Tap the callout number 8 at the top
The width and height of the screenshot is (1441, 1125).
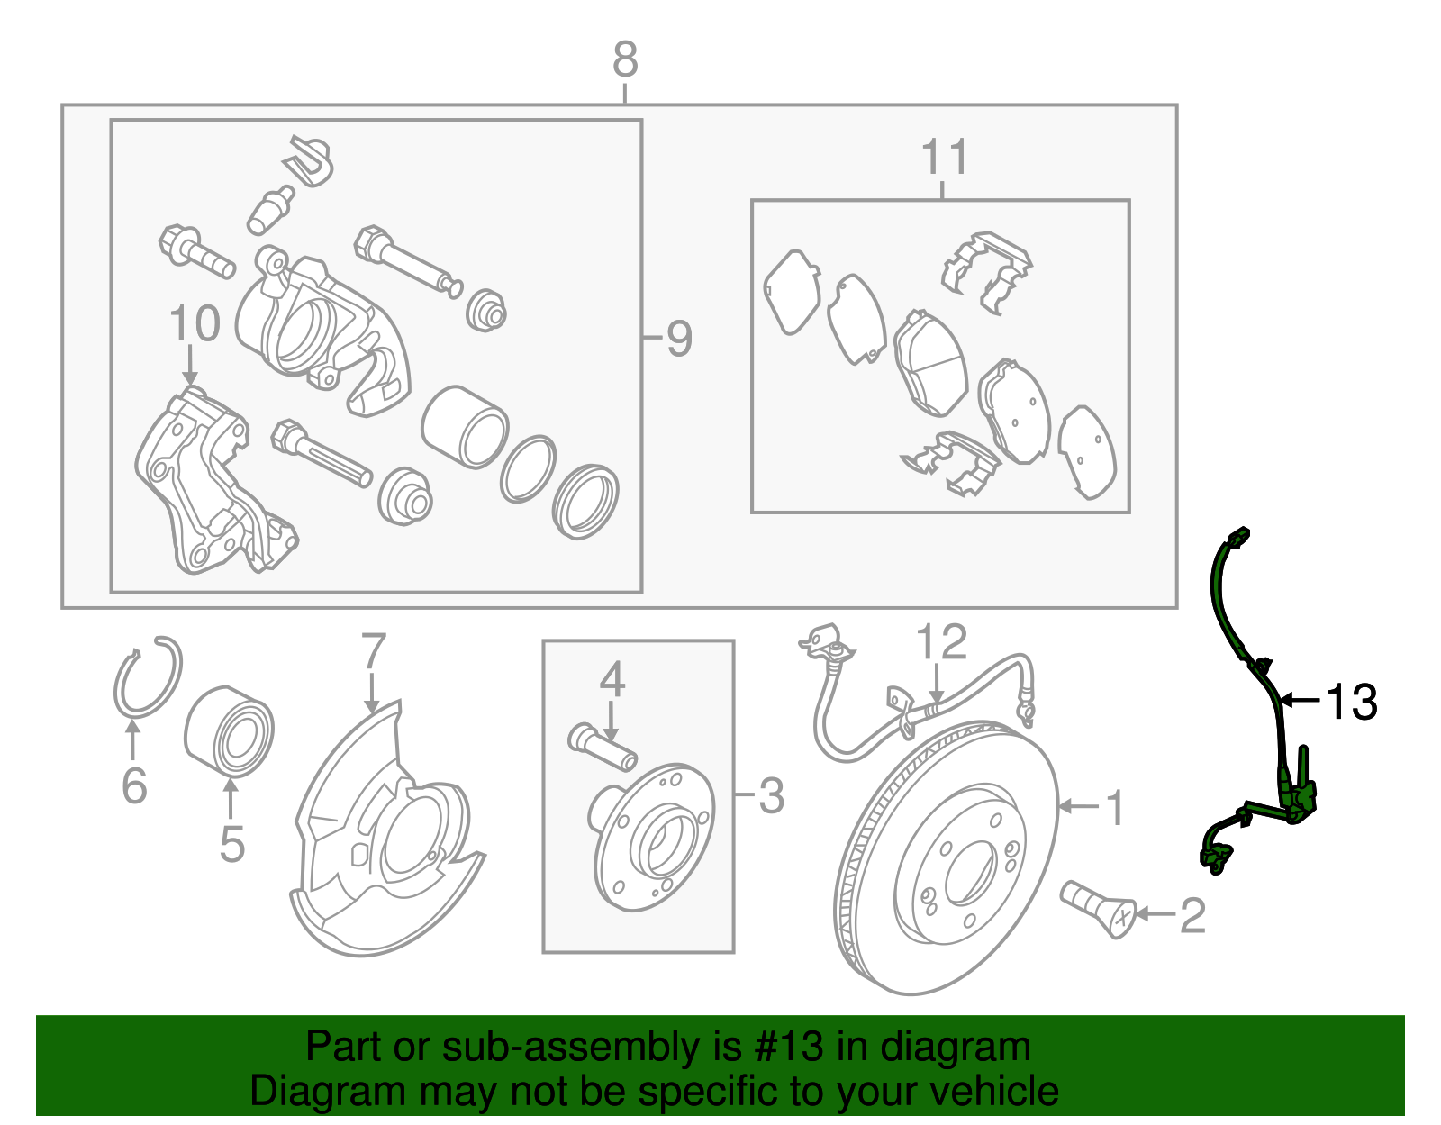point(625,60)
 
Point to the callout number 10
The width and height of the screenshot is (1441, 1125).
point(195,323)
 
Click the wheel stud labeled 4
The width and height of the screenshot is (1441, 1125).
point(603,747)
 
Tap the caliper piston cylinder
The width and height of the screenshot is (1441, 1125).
point(464,427)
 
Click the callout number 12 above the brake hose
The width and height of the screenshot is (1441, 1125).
point(941,643)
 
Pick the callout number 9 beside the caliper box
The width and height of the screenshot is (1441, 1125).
point(679,339)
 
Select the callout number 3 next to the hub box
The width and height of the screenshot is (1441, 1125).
point(771,796)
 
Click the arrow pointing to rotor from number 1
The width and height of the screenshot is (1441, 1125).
point(1076,805)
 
